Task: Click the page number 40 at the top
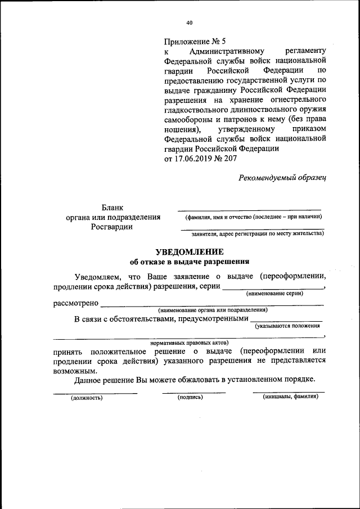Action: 189,22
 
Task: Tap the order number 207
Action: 230,159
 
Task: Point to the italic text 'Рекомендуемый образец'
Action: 282,177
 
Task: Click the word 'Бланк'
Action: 112,208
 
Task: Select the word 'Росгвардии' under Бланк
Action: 112,227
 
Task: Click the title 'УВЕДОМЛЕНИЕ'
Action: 189,251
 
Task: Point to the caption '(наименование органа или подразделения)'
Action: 212,310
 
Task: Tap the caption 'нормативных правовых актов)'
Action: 189,342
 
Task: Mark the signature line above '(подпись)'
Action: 193,391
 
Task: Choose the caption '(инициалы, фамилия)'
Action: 290,397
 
